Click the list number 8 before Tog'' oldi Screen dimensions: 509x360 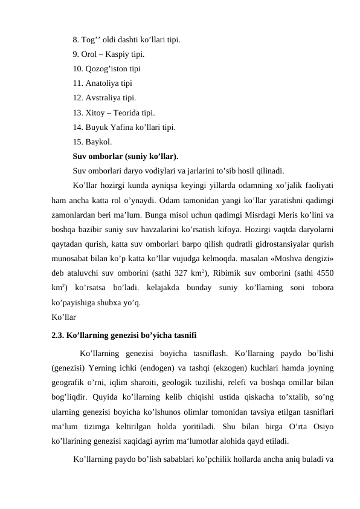point(76,41)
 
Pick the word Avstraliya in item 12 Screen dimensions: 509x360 point(105,97)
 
